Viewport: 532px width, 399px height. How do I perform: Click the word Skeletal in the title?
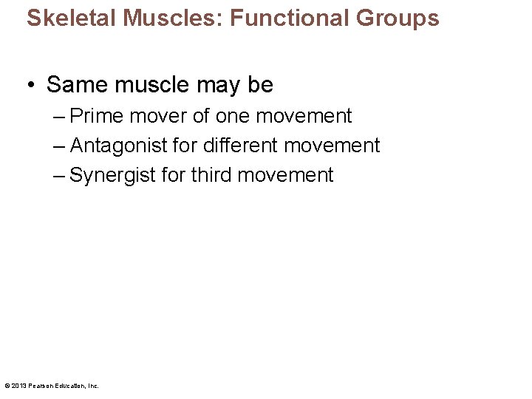coord(61,18)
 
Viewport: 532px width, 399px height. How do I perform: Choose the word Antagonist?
coord(119,146)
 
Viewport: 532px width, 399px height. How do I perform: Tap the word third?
coord(215,175)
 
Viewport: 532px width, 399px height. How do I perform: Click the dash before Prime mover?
coord(59,116)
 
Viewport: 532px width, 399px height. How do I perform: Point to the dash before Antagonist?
coord(59,146)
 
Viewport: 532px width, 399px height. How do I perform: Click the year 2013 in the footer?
coord(17,386)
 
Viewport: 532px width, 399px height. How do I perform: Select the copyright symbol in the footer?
coord(7,386)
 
